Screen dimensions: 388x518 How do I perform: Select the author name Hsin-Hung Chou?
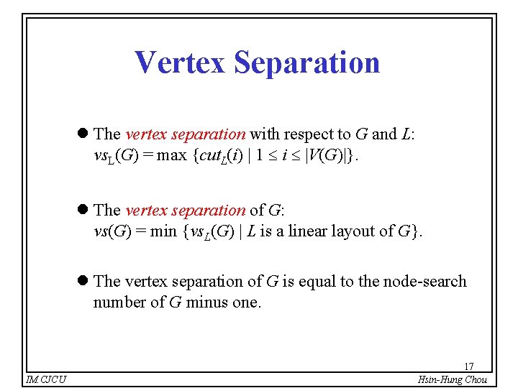click(453, 379)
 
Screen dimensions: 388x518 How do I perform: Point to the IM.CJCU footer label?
click(46, 379)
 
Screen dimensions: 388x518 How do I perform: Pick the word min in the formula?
click(163, 231)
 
